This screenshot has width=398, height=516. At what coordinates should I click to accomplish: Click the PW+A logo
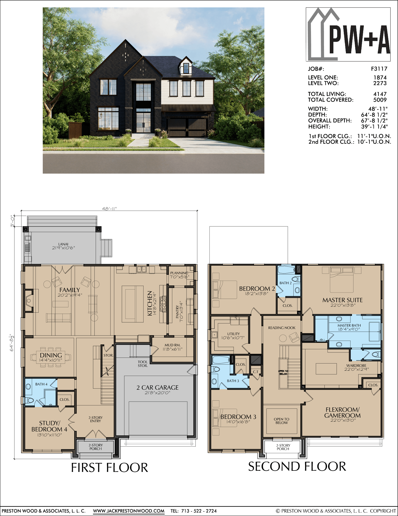[348, 34]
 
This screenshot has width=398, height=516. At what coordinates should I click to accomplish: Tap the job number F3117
[379, 69]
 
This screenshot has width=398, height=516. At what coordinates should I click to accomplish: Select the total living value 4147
[380, 94]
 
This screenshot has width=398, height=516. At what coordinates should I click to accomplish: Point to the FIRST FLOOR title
[109, 468]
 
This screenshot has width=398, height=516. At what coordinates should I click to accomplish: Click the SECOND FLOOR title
[297, 466]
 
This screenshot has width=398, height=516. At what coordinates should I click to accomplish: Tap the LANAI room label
[63, 244]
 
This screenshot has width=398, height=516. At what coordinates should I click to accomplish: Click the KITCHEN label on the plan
[150, 303]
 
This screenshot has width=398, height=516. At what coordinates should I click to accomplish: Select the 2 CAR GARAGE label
[158, 388]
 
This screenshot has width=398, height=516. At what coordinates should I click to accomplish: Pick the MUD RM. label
[173, 345]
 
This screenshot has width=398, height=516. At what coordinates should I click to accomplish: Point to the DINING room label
[51, 355]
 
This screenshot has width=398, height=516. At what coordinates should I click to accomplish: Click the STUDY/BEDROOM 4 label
[49, 426]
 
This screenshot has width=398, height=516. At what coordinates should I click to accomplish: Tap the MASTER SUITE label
[343, 300]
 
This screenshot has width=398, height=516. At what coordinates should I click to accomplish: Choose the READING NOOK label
[282, 328]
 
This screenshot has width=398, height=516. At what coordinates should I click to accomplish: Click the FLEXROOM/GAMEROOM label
[343, 413]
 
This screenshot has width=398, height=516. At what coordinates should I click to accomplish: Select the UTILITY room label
[234, 334]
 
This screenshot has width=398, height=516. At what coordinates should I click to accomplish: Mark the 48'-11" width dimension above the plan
[109, 209]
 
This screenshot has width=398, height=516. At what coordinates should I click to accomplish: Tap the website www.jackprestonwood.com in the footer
[129, 511]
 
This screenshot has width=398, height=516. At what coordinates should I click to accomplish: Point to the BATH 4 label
[41, 384]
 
